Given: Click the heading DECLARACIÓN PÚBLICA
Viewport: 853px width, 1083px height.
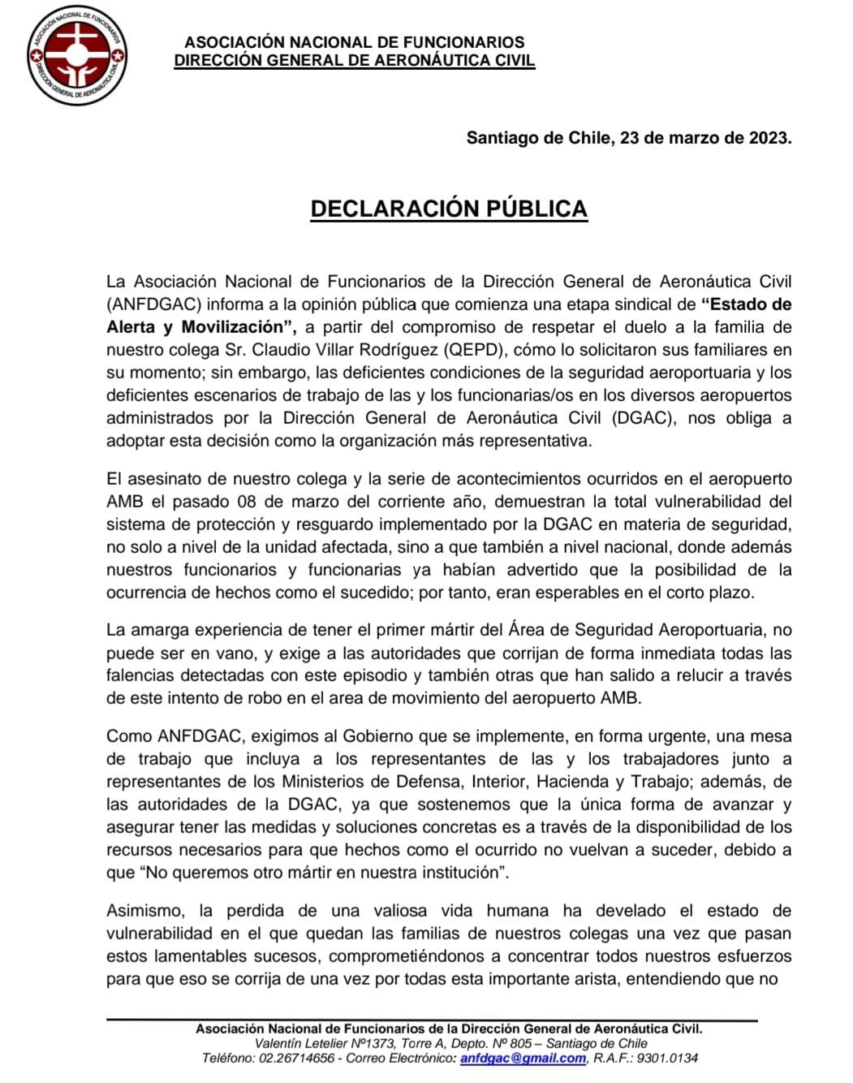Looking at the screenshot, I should (449, 209).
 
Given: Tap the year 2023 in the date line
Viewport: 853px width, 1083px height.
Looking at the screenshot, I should (765, 138).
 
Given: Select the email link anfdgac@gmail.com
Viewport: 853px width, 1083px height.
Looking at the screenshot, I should (523, 1058).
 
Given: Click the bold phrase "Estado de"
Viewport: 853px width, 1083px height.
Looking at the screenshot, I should (746, 304).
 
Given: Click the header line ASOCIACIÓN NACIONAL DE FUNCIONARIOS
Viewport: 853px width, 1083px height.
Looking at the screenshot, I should (355, 42).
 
